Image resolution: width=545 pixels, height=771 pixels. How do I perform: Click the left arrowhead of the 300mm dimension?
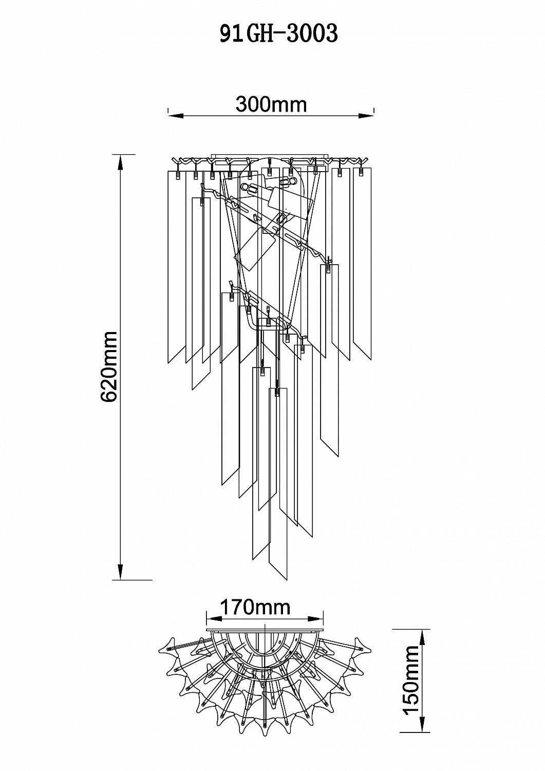176,116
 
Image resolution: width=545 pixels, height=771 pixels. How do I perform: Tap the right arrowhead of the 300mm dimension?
366,116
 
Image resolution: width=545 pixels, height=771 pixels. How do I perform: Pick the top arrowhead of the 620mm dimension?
120,162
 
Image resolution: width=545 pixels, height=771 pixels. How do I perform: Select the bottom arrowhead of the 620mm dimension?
120,572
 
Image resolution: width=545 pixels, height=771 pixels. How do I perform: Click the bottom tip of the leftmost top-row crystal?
168,363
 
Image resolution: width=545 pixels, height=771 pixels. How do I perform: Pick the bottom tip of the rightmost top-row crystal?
371,360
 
